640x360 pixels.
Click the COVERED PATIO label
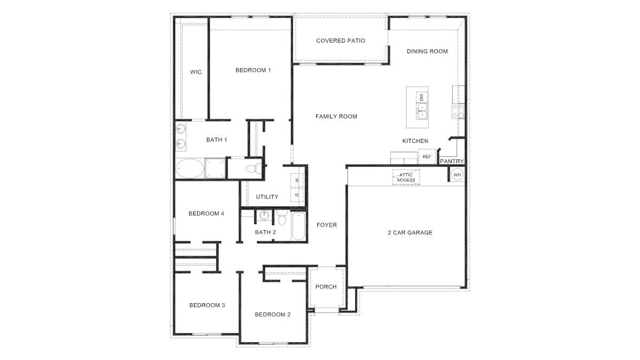pos(341,41)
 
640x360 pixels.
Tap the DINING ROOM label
pos(427,51)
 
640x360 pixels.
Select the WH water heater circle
pos(457,174)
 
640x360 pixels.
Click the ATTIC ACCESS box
pos(406,177)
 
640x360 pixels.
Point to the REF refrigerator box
pos(426,157)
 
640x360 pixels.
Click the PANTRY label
pos(452,161)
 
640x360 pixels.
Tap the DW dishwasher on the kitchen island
pos(421,97)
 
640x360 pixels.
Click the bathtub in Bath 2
pos(298,226)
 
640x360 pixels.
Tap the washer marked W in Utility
pos(297,180)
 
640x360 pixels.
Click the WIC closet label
pos(195,72)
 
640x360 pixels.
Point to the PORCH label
pos(326,287)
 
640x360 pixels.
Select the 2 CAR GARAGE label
pos(410,233)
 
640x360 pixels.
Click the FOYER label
pos(326,225)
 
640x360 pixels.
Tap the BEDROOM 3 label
pos(207,305)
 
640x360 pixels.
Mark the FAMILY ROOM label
pos(336,116)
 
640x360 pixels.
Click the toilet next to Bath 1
pos(252,167)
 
